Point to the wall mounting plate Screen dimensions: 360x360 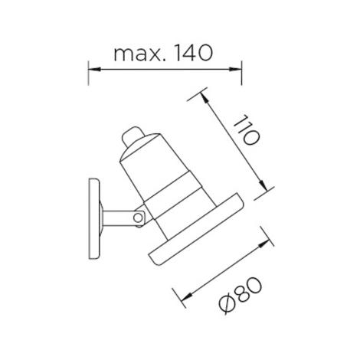tap(94, 216)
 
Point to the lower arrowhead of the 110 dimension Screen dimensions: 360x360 tap(264, 186)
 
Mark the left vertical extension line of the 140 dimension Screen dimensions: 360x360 tap(90, 73)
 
